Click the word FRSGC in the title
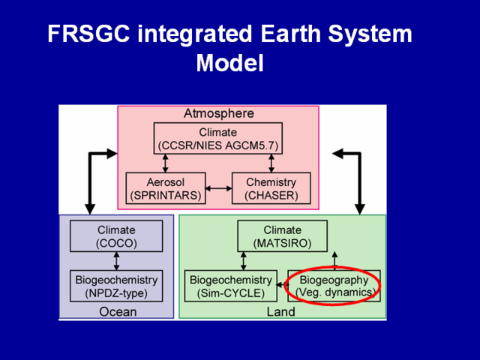88,34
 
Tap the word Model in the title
230,63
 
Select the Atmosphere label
218,113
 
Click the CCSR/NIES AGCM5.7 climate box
218,138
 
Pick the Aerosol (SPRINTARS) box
166,188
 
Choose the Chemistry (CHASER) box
271,188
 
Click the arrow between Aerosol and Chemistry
218,188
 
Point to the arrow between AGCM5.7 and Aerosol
165,163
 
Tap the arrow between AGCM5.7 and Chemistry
271,163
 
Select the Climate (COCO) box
116,236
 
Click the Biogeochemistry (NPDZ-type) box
116,286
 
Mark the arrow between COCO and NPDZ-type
116,261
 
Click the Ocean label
118,312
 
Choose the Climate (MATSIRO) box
283,236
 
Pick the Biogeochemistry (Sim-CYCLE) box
231,286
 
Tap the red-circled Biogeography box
334,286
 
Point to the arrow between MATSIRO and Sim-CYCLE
243,261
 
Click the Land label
281,312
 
